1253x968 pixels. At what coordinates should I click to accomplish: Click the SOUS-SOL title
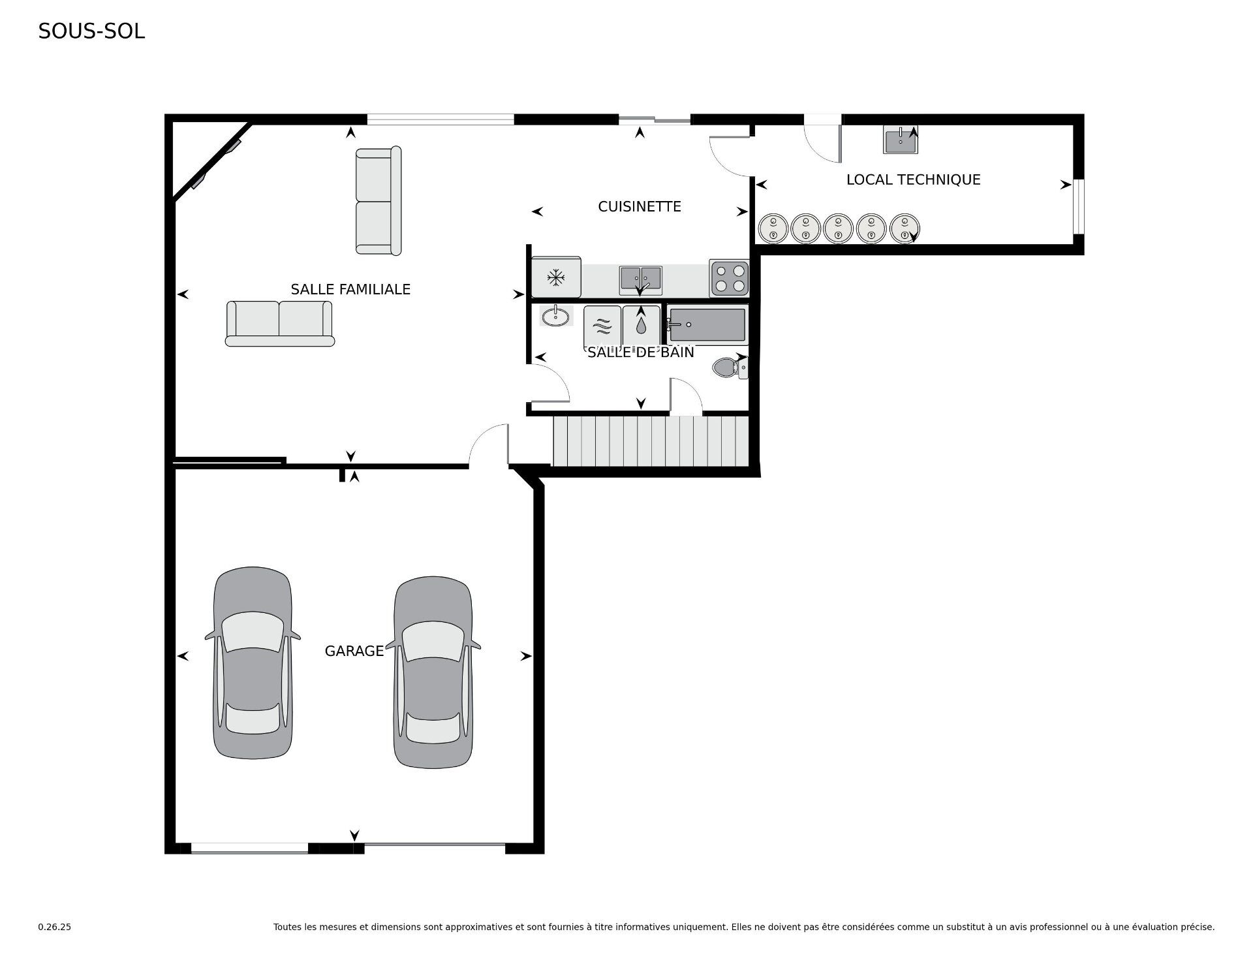click(x=91, y=31)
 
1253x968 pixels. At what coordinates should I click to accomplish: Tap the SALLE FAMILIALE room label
click(x=350, y=289)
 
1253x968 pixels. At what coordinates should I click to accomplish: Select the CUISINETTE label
click(x=640, y=206)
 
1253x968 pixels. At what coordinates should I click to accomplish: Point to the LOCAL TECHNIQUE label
click(x=913, y=180)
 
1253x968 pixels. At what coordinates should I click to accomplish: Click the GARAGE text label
click(x=354, y=651)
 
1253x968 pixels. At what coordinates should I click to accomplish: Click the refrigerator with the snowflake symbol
click(x=556, y=277)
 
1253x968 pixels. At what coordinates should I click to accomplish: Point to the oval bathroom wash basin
click(x=555, y=317)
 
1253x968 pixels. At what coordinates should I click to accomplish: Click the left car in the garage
click(x=253, y=663)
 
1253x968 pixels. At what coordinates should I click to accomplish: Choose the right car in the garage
click(x=433, y=672)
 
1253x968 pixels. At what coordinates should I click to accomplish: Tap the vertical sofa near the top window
click(x=379, y=200)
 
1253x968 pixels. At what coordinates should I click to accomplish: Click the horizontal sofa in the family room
click(x=280, y=324)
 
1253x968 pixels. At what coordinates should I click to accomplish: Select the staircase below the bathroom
click(x=651, y=441)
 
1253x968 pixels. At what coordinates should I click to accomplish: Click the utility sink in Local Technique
click(x=901, y=140)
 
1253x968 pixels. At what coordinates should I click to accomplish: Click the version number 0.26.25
click(x=55, y=927)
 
